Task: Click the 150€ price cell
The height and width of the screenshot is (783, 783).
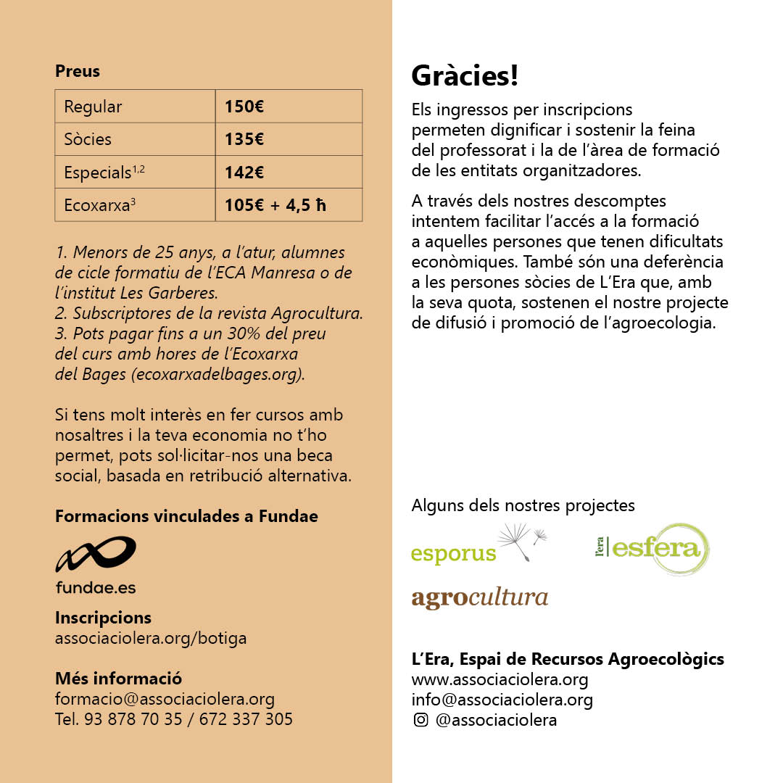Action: (288, 107)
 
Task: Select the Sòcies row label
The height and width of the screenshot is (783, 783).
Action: (135, 139)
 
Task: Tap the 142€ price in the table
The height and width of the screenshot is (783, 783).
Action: (288, 172)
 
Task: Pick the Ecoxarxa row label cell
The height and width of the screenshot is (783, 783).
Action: (135, 205)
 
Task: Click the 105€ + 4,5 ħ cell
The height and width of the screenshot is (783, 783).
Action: (288, 205)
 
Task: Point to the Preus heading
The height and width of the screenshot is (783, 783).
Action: (78, 71)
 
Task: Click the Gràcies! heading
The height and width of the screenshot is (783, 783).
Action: (465, 76)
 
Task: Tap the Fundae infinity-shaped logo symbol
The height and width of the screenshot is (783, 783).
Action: (96, 555)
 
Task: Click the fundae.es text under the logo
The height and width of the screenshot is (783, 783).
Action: (96, 587)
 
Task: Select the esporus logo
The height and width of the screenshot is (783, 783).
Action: (478, 547)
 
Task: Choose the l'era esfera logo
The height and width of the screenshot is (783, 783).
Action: (652, 548)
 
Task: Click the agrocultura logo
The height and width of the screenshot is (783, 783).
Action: (479, 598)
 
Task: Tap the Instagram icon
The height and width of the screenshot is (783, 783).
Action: (420, 720)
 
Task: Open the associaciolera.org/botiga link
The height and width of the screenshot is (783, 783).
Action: (151, 638)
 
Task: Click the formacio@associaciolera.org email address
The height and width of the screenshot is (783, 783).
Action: (165, 699)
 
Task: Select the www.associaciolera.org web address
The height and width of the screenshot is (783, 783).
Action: (500, 679)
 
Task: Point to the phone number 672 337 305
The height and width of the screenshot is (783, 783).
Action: (246, 719)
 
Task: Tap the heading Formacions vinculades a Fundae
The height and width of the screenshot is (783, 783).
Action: (186, 516)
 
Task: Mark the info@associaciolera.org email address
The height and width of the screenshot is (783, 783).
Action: (502, 700)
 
